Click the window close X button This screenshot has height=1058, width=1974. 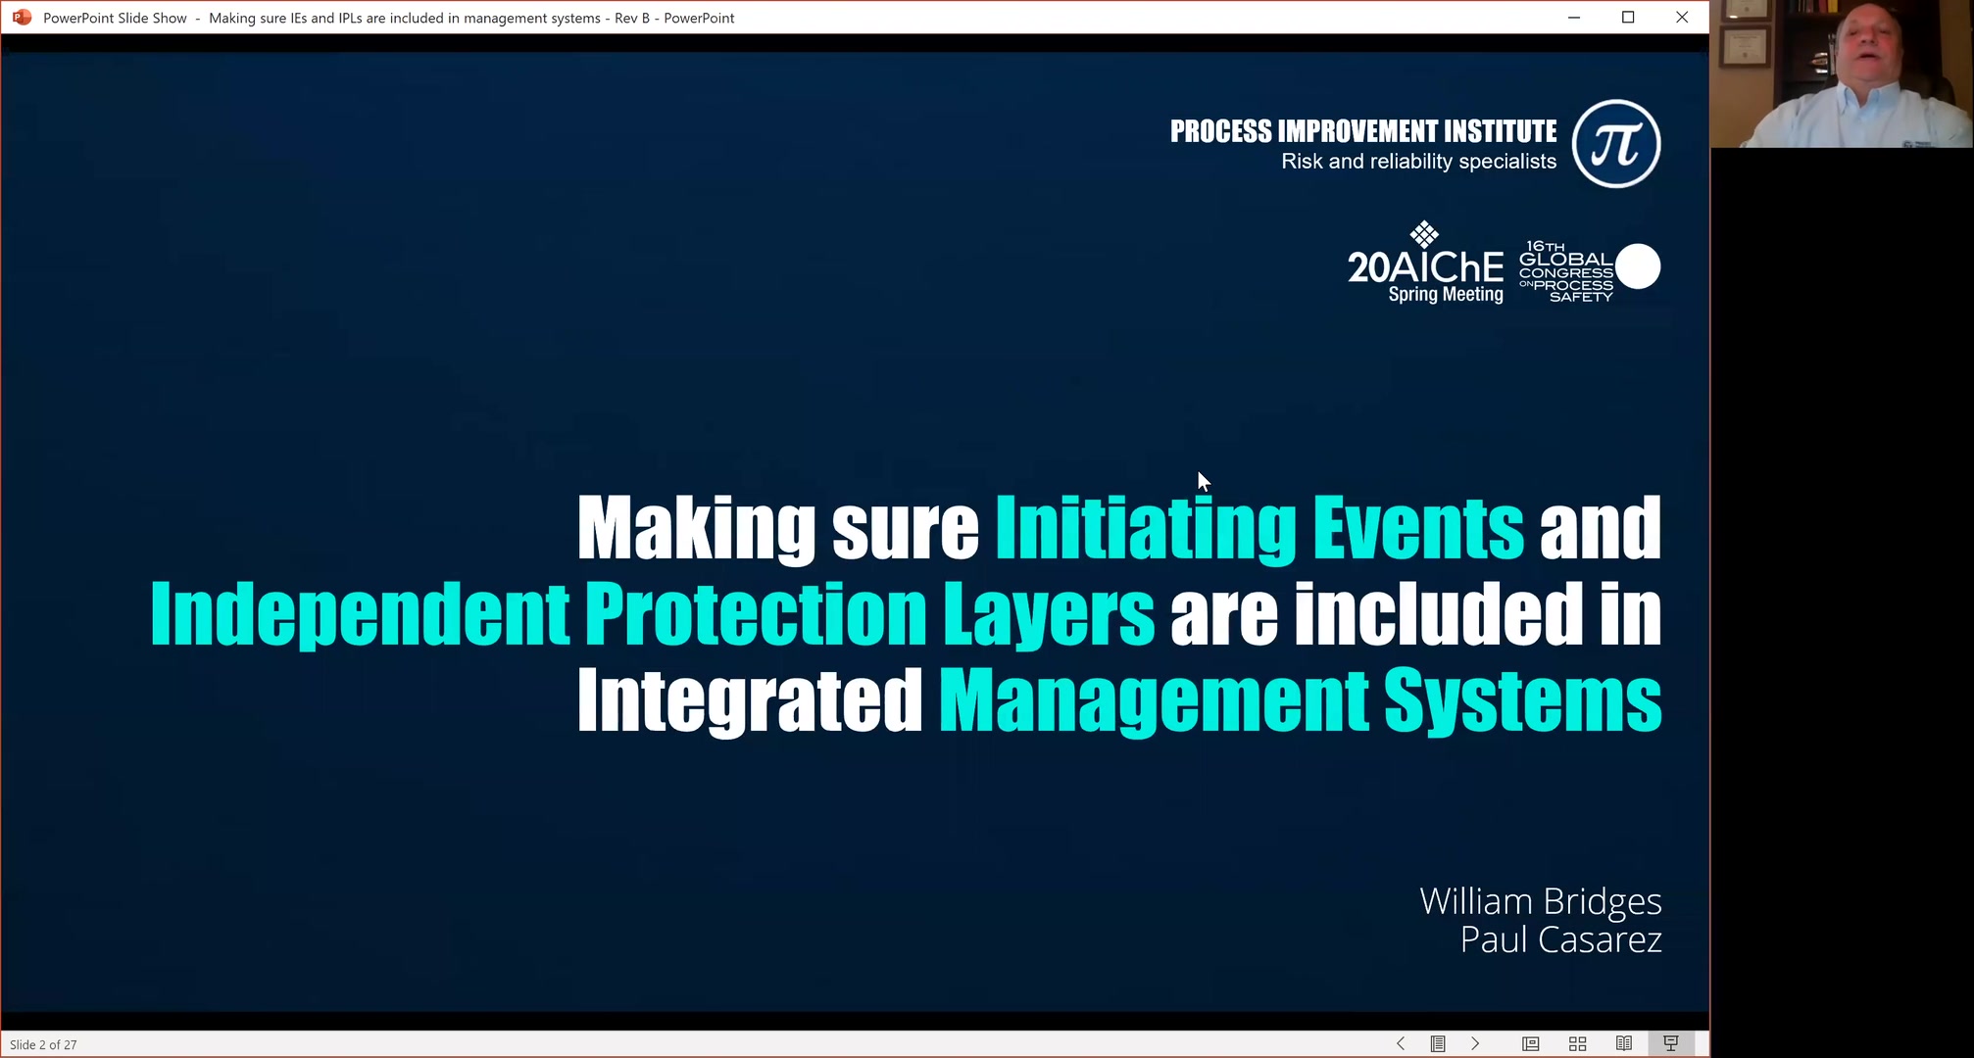[1682, 18]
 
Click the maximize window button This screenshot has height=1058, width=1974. [1628, 18]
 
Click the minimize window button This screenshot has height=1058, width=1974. [1574, 18]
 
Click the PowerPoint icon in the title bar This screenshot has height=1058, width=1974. [22, 18]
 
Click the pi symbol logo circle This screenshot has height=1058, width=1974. [1616, 144]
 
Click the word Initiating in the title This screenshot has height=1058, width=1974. [1146, 528]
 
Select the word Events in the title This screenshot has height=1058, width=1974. [1418, 528]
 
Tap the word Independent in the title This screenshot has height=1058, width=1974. [360, 614]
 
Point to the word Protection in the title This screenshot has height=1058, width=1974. [756, 614]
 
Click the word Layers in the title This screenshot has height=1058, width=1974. [1049, 614]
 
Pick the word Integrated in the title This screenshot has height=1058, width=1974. [750, 700]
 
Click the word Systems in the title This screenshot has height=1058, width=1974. [1522, 700]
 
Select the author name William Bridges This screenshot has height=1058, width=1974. [1541, 901]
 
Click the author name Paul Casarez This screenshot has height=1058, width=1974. [1561, 939]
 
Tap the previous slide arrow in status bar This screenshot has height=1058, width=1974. [1401, 1044]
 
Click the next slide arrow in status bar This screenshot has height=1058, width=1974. [1475, 1044]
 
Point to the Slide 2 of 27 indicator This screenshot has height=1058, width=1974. [43, 1045]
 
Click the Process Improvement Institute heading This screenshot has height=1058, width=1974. [1363, 131]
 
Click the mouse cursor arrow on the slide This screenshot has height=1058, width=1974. [1204, 481]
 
